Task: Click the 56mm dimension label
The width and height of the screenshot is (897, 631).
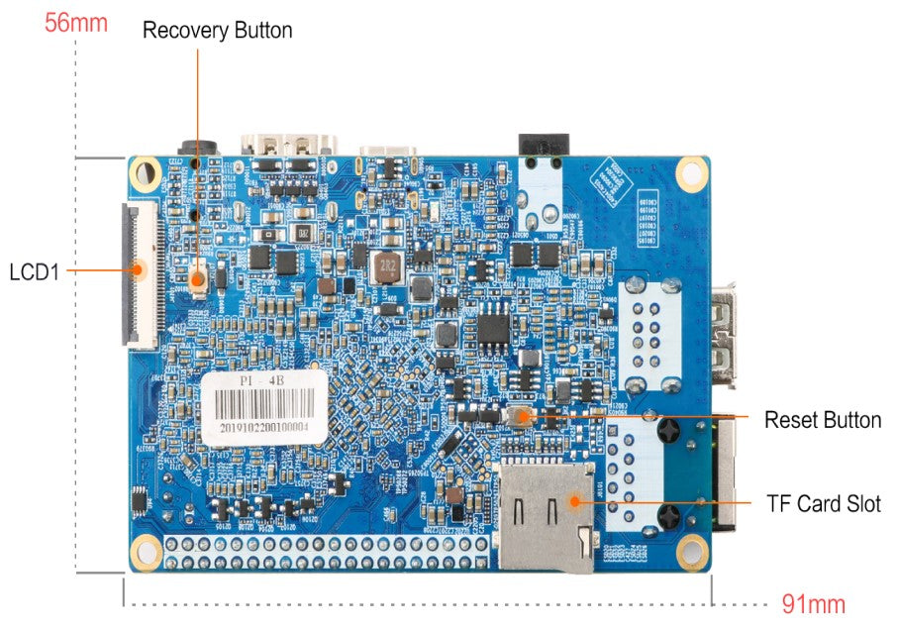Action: click(x=75, y=23)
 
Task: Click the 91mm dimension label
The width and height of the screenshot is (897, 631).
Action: click(x=814, y=603)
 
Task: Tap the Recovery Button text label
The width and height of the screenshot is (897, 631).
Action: click(x=217, y=31)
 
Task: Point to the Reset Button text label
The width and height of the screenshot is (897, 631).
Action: click(x=822, y=420)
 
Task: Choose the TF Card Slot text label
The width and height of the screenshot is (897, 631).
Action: click(x=824, y=503)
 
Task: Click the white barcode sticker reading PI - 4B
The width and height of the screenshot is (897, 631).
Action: click(x=265, y=407)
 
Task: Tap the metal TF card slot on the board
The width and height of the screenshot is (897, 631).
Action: click(x=547, y=515)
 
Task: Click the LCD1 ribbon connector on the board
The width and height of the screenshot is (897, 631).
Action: click(x=138, y=275)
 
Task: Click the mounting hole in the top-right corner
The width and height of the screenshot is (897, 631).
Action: click(x=690, y=174)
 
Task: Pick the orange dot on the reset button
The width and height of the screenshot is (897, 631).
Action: click(x=519, y=417)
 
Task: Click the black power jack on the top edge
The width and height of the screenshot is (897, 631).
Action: click(x=540, y=146)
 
